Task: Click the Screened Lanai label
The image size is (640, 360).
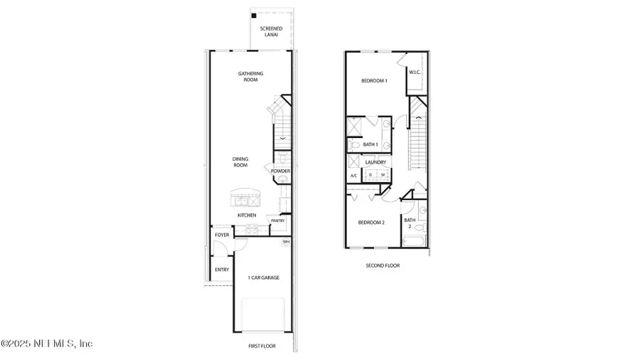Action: point(271,32)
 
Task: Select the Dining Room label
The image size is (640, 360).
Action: point(240,162)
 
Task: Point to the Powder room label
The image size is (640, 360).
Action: point(280,171)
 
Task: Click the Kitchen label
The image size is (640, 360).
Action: point(247,215)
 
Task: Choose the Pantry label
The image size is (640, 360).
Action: point(277,221)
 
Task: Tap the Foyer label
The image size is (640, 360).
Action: point(222,235)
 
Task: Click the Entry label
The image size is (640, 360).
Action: point(222,270)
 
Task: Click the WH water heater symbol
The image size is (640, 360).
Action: point(286,242)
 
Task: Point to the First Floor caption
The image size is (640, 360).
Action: point(261,346)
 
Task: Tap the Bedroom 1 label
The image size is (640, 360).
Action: point(374,81)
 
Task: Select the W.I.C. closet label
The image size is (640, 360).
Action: point(415,71)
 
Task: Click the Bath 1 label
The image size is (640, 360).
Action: point(370,144)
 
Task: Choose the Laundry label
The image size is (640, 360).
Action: point(375,162)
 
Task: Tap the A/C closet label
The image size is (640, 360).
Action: point(353,175)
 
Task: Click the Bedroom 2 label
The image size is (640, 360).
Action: point(371,223)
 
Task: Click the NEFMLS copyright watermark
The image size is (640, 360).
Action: point(47,344)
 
